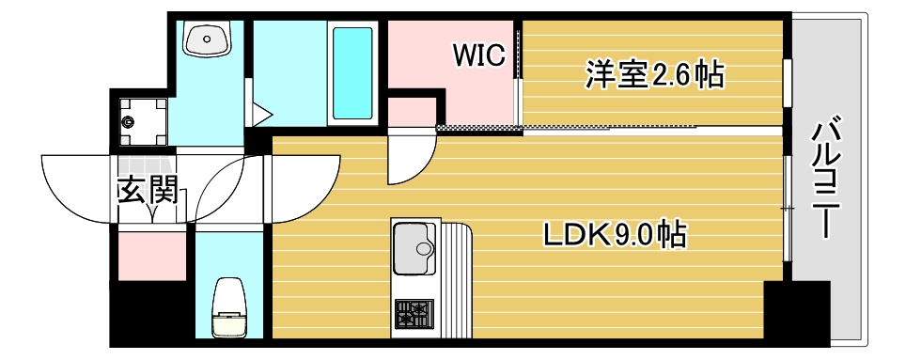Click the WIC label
(479, 55)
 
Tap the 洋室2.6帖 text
(655, 74)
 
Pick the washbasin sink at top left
(208, 39)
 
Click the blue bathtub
(352, 71)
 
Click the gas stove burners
(414, 314)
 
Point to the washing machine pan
(144, 120)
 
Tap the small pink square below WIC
(412, 111)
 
